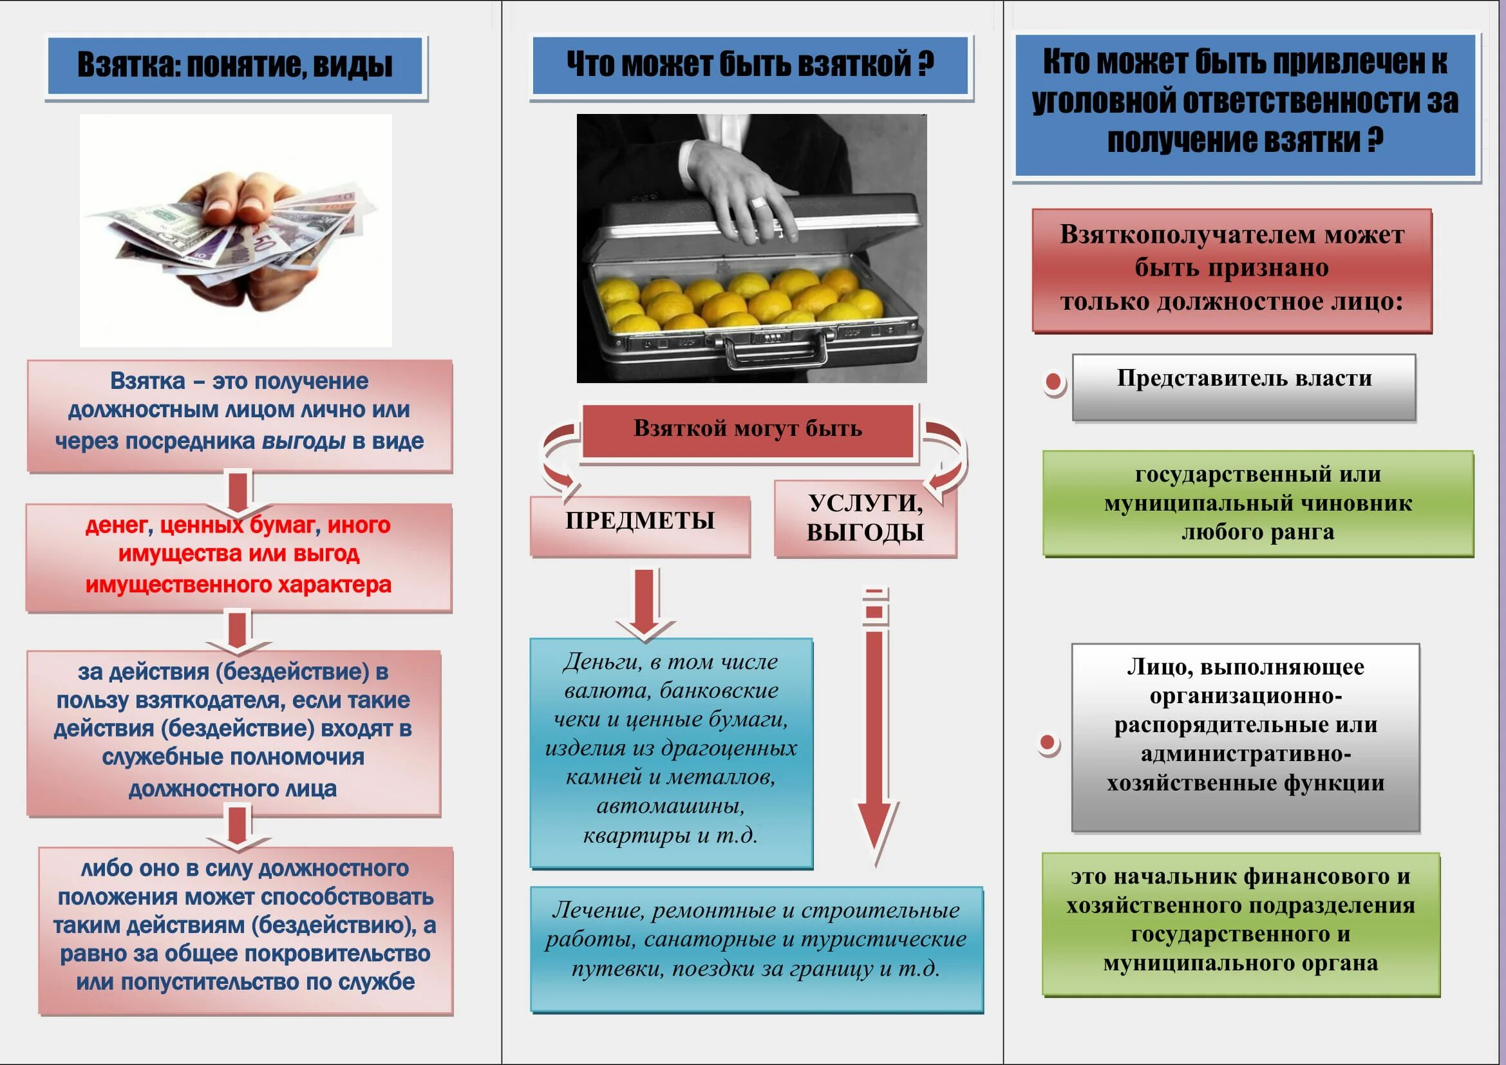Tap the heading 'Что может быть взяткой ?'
pyautogui.click(x=749, y=65)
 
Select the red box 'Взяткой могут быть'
pyautogui.click(x=748, y=429)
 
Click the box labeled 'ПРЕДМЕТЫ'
pyautogui.click(x=639, y=522)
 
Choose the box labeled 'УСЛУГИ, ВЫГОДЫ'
pyautogui.click(x=865, y=518)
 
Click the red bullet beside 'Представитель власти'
pyautogui.click(x=1053, y=382)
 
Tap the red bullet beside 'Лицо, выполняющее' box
pyautogui.click(x=1048, y=743)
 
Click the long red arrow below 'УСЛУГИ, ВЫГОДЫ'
pyautogui.click(x=876, y=728)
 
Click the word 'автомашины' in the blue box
pyautogui.click(x=670, y=806)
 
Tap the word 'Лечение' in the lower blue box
pyautogui.click(x=597, y=910)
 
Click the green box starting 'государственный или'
pyautogui.click(x=1258, y=503)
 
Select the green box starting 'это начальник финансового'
pyautogui.click(x=1240, y=920)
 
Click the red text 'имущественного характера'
pyautogui.click(x=238, y=584)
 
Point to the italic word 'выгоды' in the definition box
pyautogui.click(x=303, y=441)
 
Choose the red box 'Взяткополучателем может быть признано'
pyautogui.click(x=1231, y=269)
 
